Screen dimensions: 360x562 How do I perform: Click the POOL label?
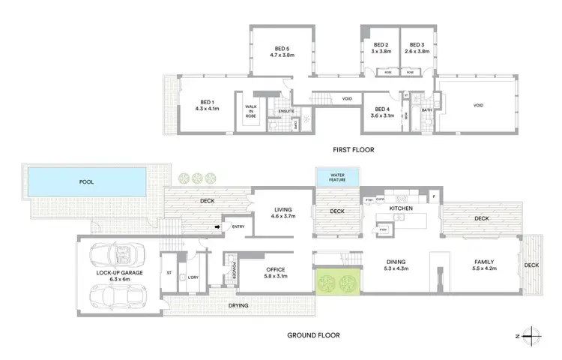tap(88, 181)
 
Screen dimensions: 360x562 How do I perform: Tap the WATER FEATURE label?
tap(334, 178)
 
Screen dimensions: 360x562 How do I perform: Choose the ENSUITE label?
tap(285, 112)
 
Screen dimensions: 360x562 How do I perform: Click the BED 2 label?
tap(382, 44)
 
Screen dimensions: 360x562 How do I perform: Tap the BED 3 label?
tap(417, 44)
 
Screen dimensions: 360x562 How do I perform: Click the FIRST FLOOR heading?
tap(353, 150)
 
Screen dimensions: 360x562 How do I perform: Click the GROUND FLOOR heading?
tap(312, 335)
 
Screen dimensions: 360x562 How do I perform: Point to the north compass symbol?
tap(531, 336)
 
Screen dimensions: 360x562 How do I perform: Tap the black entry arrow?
tap(219, 226)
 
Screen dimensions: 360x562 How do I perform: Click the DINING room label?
tap(382, 262)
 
